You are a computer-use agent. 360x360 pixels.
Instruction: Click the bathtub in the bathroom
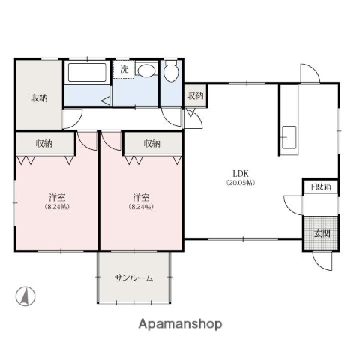pyautogui.click(x=88, y=73)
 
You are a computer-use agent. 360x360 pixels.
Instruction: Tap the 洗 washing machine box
pyautogui.click(x=124, y=68)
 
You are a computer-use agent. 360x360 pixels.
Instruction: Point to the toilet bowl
pyautogui.click(x=171, y=72)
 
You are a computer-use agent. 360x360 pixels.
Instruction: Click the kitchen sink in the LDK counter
pyautogui.click(x=289, y=137)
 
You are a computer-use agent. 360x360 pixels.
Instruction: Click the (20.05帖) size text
pyautogui.click(x=241, y=182)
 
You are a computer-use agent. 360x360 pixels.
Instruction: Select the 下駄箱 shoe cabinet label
pyautogui.click(x=319, y=187)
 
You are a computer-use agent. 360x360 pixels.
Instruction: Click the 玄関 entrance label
pyautogui.click(x=321, y=232)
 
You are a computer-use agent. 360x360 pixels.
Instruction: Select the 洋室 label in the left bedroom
pyautogui.click(x=58, y=197)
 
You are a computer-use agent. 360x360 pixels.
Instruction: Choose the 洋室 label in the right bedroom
pyautogui.click(x=141, y=197)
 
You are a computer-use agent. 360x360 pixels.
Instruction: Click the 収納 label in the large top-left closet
pyautogui.click(x=40, y=98)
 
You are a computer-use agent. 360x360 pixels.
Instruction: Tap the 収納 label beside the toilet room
pyautogui.click(x=195, y=95)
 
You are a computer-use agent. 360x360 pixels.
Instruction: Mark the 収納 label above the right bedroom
pyautogui.click(x=152, y=143)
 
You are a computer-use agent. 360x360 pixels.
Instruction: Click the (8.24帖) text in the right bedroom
pyautogui.click(x=141, y=207)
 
